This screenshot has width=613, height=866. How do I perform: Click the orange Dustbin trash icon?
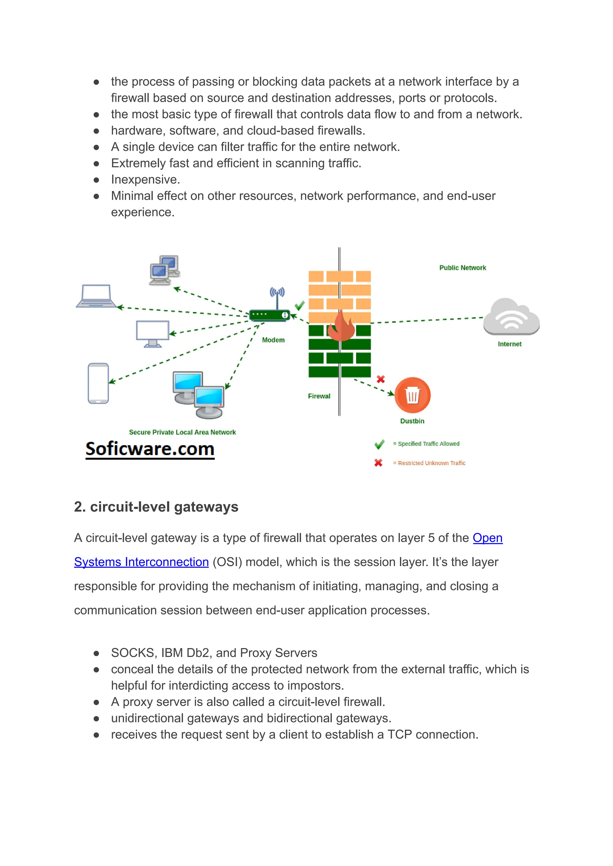click(412, 395)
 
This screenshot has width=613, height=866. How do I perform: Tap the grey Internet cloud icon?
click(511, 317)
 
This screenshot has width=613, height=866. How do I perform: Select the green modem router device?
click(269, 315)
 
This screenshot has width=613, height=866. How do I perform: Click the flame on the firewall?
click(341, 326)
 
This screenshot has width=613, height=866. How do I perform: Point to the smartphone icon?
click(98, 383)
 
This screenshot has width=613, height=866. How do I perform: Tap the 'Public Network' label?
click(462, 268)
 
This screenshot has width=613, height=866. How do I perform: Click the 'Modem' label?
click(273, 340)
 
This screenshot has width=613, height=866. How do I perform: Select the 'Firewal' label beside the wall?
click(319, 396)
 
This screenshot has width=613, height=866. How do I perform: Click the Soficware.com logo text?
click(150, 449)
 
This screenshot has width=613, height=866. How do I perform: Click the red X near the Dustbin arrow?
click(380, 379)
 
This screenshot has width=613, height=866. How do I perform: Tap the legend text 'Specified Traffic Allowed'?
click(428, 444)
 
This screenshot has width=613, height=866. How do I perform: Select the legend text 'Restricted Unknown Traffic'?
click(431, 463)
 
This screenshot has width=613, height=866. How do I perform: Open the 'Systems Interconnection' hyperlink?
click(141, 562)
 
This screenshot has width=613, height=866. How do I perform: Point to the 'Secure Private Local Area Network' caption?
click(182, 432)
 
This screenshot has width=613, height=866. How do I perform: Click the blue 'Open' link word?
click(487, 538)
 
